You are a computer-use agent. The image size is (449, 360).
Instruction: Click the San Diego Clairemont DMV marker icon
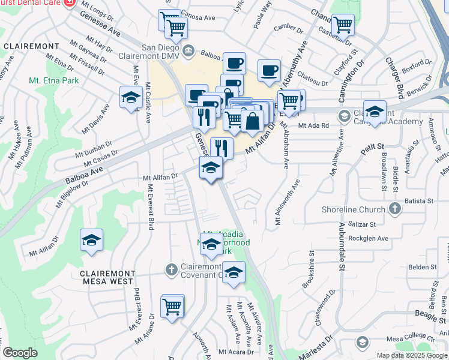pos(189,50)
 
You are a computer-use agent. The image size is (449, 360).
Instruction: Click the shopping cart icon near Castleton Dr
pos(343,25)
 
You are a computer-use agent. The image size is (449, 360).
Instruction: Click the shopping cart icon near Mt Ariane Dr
pos(172,306)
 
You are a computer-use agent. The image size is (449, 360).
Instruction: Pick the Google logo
pos(19,353)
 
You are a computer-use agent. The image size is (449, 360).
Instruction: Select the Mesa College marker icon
pos(362,342)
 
